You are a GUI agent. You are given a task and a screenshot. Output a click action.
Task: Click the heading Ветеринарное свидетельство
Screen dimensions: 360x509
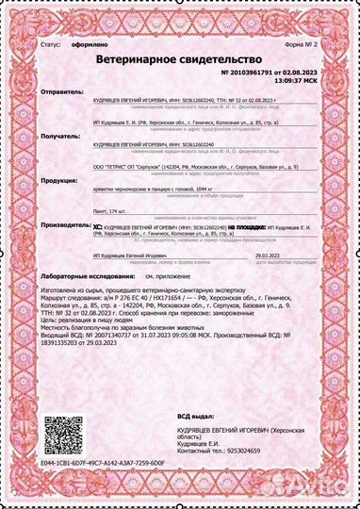180,58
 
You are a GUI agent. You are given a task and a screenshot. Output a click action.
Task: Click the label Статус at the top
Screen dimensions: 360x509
52,44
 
